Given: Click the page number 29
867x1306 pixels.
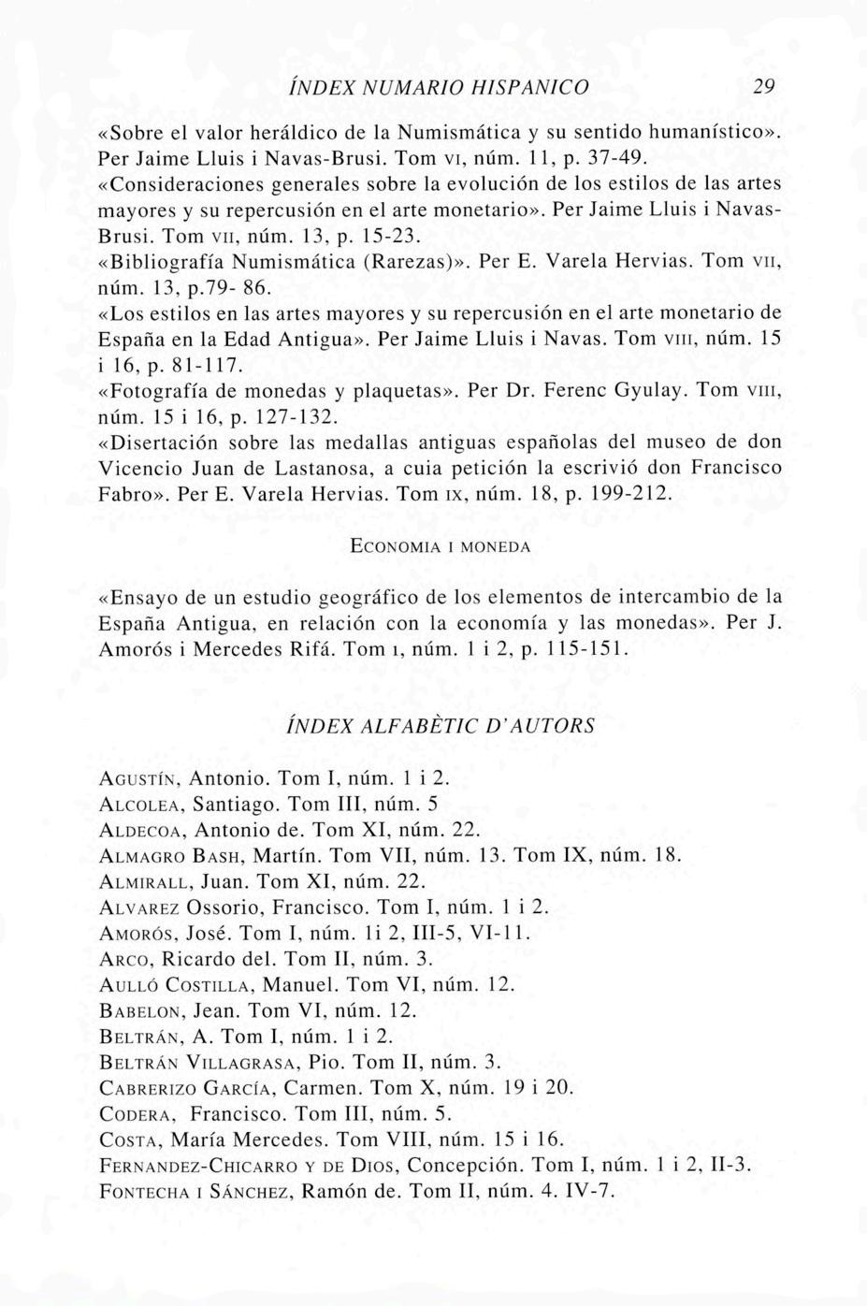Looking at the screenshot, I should (764, 87).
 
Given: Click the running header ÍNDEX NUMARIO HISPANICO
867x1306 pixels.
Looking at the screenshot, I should (439, 87).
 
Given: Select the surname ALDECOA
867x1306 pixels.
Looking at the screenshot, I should (141, 830).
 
